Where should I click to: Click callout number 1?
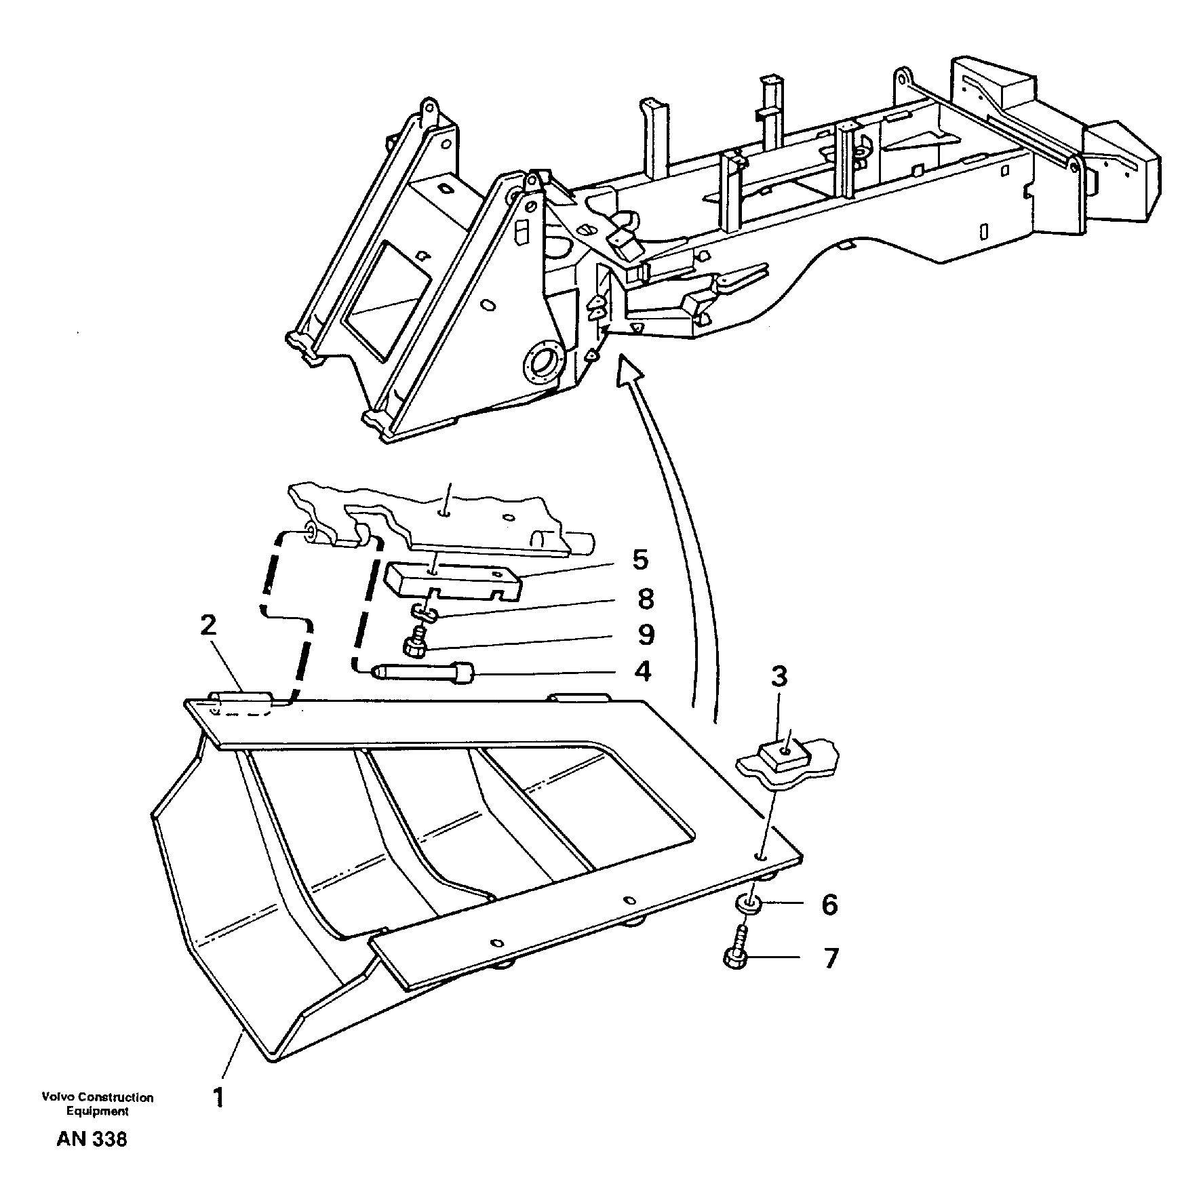218,1098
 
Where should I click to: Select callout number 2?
208,625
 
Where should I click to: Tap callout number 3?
779,676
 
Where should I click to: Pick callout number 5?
640,560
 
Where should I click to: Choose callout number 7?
831,959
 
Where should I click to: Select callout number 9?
646,635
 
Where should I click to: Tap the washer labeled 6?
748,903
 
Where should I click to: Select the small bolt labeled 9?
416,645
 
